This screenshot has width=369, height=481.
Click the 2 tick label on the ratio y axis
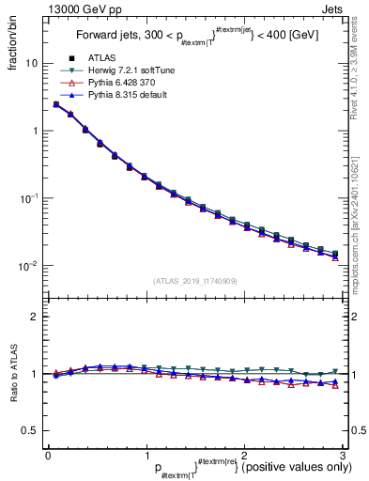[34, 317]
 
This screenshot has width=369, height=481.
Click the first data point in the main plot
[55, 104]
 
